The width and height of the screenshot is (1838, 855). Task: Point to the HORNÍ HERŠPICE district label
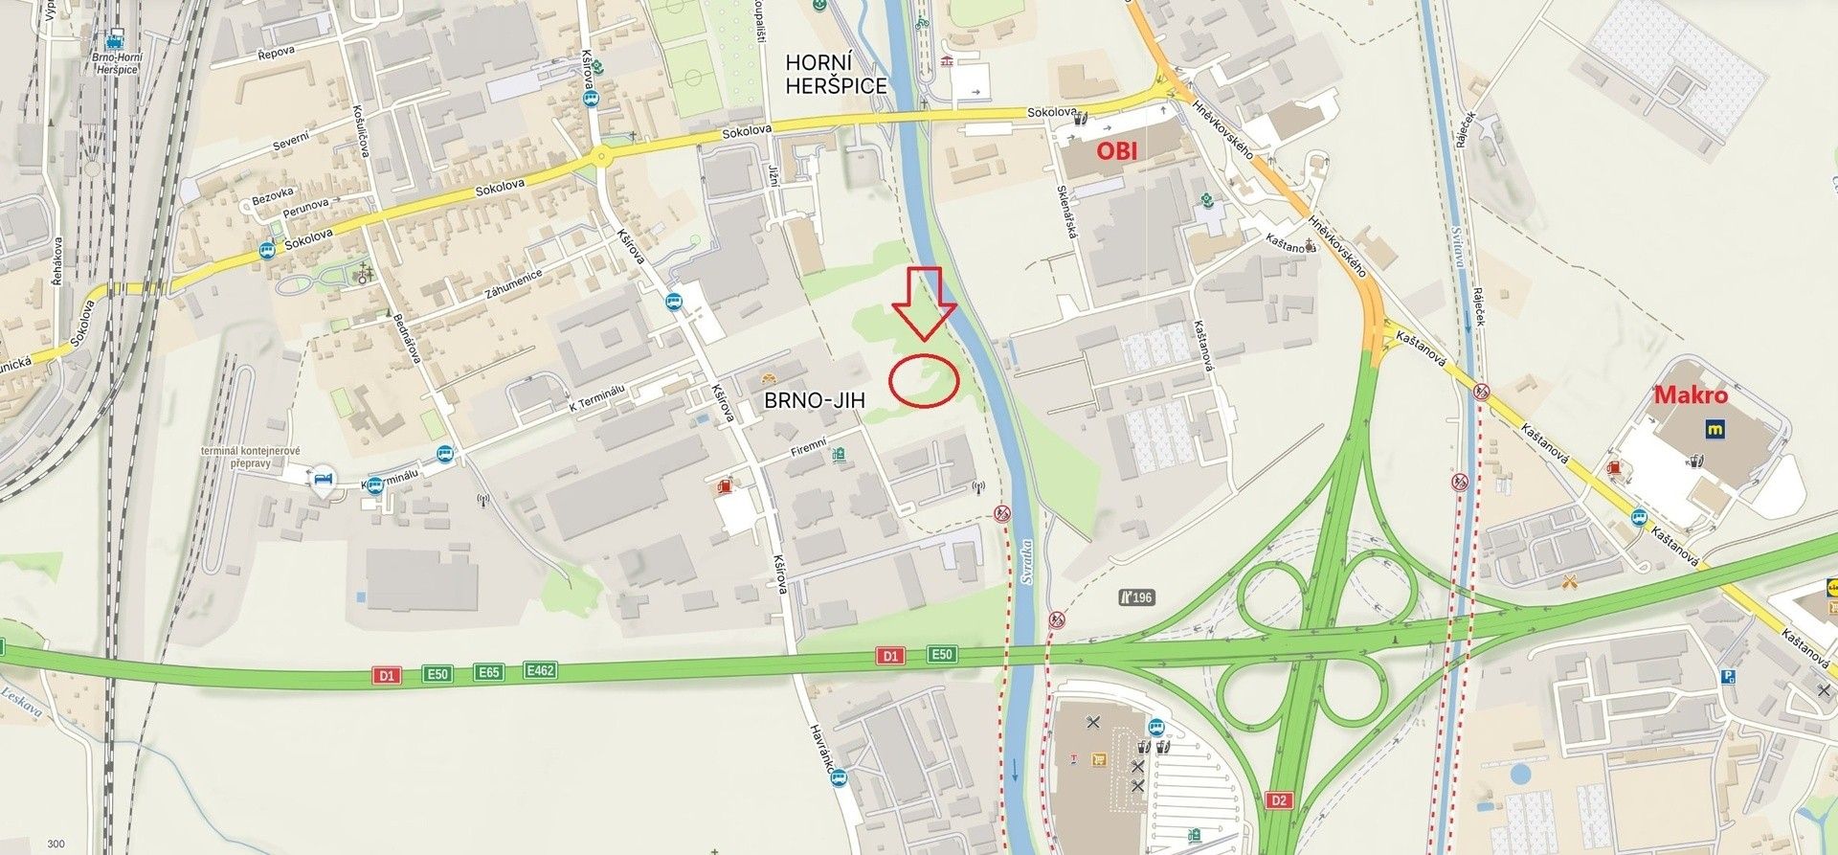[836, 74]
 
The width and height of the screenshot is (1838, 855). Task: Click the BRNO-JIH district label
[814, 401]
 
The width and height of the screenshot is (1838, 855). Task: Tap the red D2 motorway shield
[1280, 799]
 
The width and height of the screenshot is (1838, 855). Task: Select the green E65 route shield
[488, 672]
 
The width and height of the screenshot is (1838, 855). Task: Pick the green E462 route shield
[540, 671]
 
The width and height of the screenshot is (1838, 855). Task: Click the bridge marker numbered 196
[1136, 597]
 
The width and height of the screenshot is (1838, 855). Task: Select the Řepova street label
[277, 52]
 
